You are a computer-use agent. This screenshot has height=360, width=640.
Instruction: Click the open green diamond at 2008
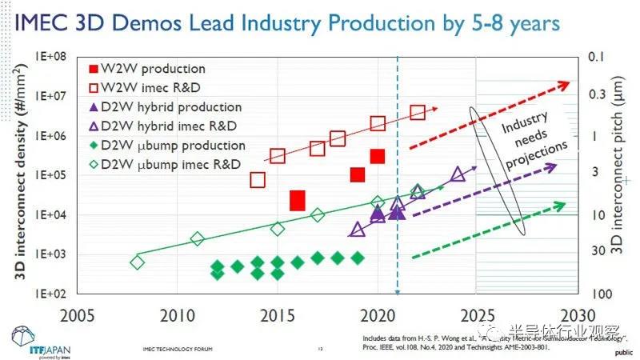[137, 262]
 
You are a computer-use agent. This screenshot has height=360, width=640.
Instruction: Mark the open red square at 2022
[418, 112]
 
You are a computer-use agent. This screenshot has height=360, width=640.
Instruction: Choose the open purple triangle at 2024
[458, 174]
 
